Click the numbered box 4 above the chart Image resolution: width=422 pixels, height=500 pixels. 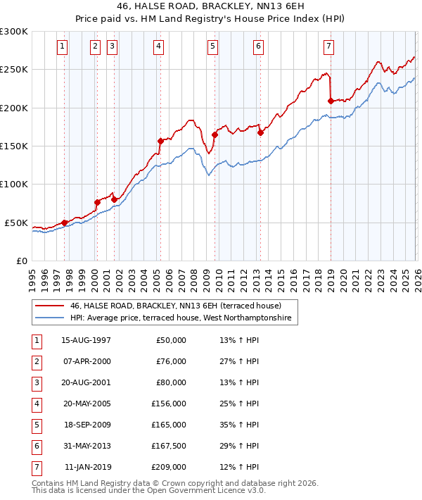click(x=159, y=46)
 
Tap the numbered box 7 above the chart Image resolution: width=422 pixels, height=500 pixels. click(x=328, y=46)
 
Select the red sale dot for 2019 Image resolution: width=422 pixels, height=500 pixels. click(x=331, y=101)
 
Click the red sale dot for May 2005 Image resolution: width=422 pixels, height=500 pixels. click(x=160, y=141)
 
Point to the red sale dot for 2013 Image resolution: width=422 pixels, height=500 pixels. click(x=260, y=132)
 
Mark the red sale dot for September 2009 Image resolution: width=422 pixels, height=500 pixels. click(x=215, y=135)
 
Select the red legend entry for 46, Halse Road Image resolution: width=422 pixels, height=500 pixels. click(x=175, y=306)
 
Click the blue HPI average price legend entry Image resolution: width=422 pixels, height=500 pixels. click(x=184, y=319)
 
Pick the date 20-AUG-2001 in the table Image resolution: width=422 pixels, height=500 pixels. click(x=86, y=382)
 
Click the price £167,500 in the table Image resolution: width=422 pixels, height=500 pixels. click(x=168, y=446)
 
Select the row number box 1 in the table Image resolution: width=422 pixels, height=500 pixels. click(x=35, y=340)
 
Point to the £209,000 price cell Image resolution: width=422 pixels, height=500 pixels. click(x=169, y=467)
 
